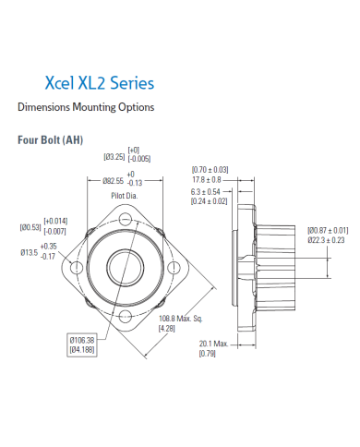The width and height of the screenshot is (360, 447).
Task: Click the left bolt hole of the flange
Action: click(73, 269)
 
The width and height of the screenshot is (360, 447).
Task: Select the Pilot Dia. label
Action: click(126, 196)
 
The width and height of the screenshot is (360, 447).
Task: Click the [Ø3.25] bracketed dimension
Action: click(114, 157)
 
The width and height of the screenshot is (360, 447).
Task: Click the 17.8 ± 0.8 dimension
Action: click(210, 179)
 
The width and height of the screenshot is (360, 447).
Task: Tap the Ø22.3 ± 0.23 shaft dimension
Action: click(328, 239)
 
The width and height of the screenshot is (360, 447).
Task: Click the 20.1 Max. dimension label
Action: click(213, 344)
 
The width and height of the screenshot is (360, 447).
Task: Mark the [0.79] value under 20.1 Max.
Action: click(208, 354)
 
